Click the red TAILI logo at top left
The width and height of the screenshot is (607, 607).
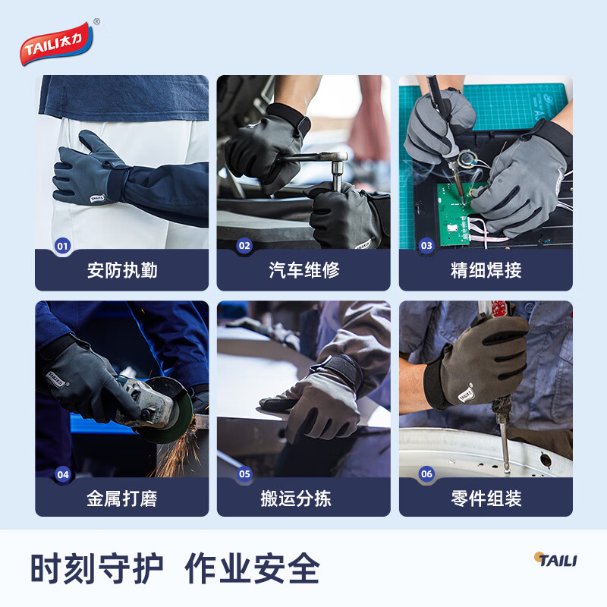point(59,44)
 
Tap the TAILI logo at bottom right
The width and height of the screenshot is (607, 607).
point(555,560)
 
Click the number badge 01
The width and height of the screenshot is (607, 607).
point(62,246)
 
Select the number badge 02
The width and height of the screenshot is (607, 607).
point(244,246)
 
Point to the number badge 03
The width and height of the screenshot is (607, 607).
point(426,246)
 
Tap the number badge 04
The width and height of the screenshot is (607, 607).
point(62,475)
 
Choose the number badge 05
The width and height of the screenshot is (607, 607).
point(244,475)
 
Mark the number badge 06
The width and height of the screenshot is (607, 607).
point(426,475)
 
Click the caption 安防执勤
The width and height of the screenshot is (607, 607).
point(121,270)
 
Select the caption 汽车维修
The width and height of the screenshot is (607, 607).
point(303,270)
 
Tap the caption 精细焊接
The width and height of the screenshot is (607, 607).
point(486,270)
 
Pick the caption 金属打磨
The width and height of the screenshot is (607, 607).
point(121,498)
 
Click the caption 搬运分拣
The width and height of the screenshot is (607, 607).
point(303,498)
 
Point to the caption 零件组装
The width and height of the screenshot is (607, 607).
point(486,498)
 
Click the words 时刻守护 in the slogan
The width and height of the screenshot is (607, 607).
point(97,568)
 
